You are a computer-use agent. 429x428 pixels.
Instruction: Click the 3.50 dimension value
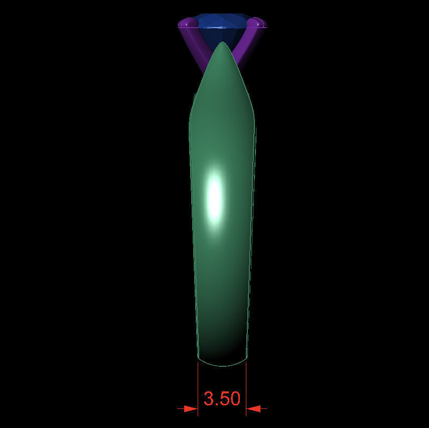coord(222,399)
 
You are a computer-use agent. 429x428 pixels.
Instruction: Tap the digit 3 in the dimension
coord(209,399)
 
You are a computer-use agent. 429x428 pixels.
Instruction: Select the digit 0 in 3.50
coord(234,399)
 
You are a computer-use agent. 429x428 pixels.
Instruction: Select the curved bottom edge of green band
coord(222,365)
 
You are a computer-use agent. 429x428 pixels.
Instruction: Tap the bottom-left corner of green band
coord(198,358)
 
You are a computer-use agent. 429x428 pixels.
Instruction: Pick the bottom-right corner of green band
coord(246,358)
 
